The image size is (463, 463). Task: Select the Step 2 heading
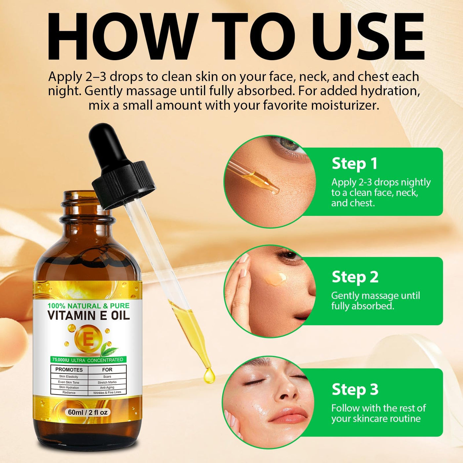(x=355, y=277)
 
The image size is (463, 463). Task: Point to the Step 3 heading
(x=355, y=389)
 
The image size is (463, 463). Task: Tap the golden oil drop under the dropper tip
(x=209, y=376)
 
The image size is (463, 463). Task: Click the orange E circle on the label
(x=88, y=339)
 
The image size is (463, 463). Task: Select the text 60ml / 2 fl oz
(x=88, y=412)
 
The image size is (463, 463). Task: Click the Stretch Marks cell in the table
(x=107, y=382)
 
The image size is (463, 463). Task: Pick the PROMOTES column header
(x=69, y=370)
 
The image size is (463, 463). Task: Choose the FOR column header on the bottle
(x=107, y=369)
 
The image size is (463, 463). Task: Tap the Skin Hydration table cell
(x=69, y=388)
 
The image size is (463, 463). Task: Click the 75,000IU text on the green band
(x=60, y=360)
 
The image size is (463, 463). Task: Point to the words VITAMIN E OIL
(x=89, y=316)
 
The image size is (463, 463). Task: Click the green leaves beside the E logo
(x=109, y=349)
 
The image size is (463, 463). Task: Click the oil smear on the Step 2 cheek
(x=275, y=279)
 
